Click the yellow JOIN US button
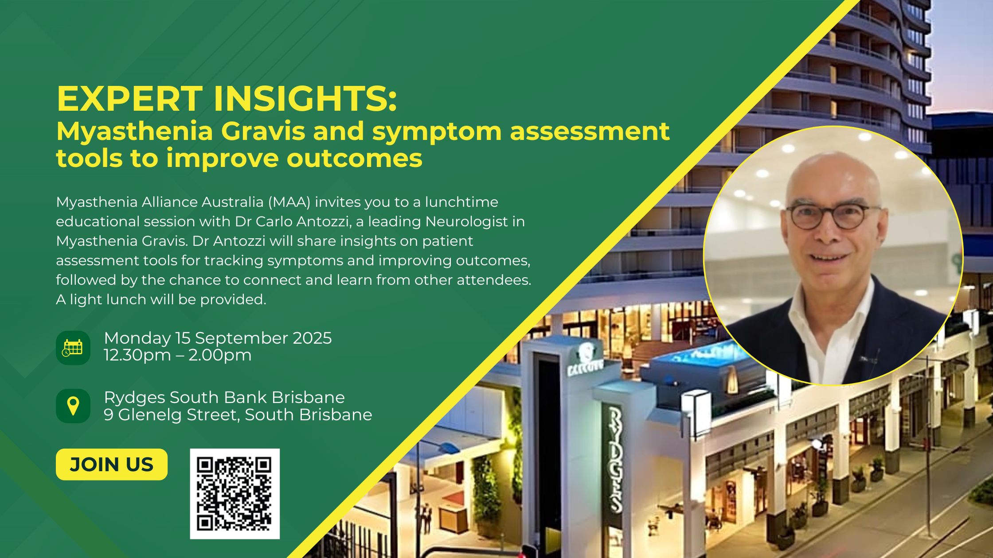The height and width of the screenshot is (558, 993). coord(112,465)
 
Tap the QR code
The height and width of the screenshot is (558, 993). coord(235,494)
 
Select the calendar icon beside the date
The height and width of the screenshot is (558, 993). coord(73,348)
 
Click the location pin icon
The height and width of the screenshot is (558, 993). coord(73,406)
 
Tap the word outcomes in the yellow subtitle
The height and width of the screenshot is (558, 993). coord(355,159)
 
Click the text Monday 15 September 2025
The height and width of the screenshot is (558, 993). coord(218,338)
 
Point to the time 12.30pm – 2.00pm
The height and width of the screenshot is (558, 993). coord(178,355)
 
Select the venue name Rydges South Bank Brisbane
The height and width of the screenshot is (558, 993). coord(224,398)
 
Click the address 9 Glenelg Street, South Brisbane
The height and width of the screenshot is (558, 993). coord(238,415)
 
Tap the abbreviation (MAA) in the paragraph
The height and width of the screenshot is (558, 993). coord(289,202)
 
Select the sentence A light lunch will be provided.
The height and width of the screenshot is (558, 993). coord(161,300)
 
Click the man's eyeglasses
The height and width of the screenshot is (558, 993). coord(833,216)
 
